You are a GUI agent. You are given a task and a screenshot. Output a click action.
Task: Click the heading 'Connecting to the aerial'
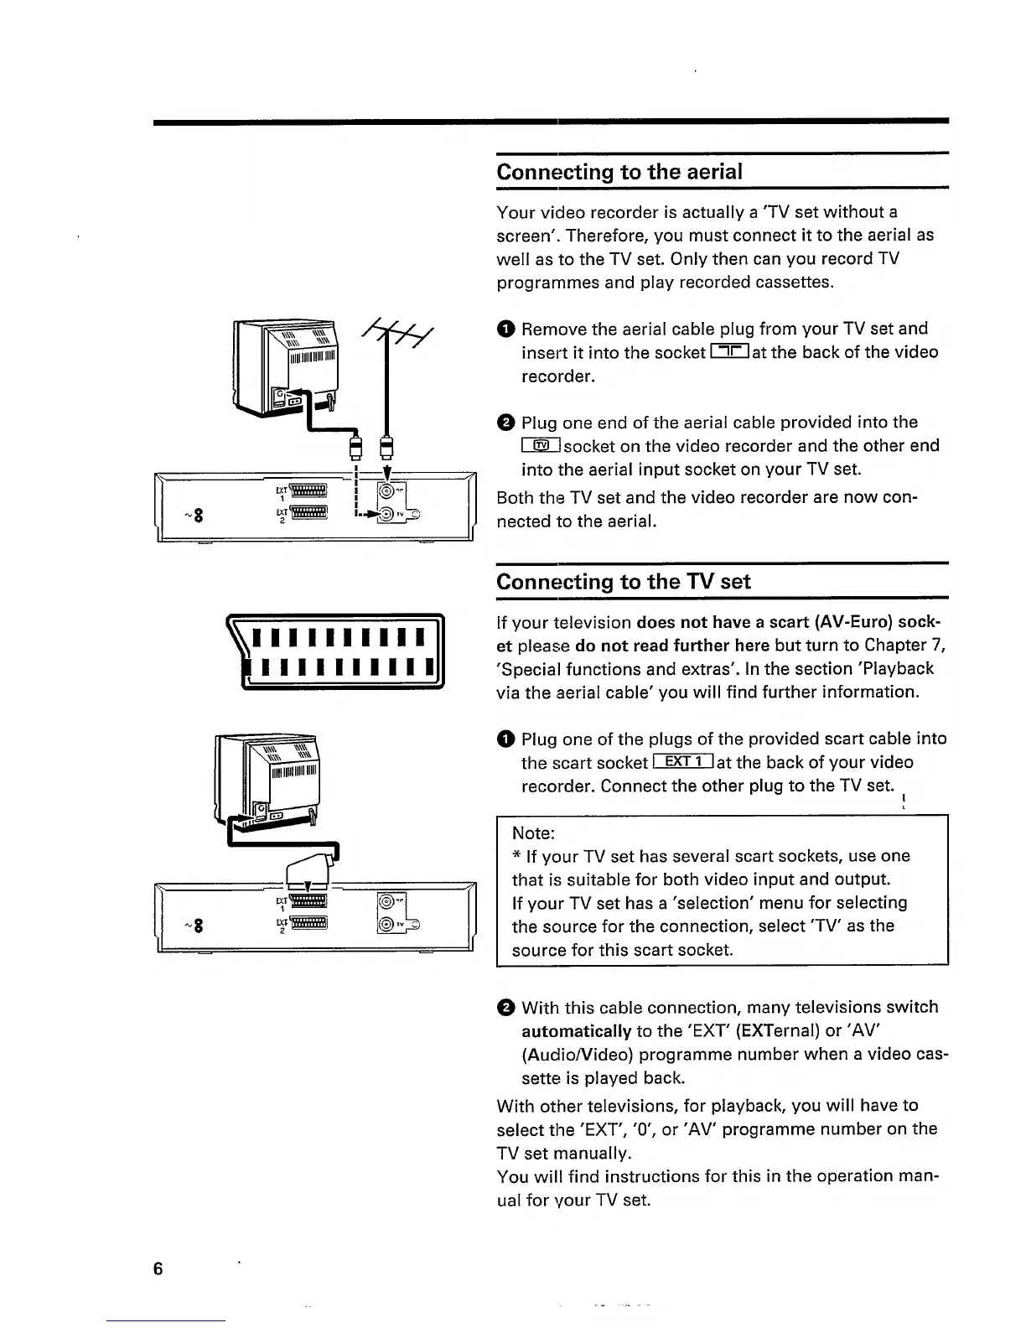click(619, 172)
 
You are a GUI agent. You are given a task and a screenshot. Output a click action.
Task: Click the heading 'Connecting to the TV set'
click(624, 582)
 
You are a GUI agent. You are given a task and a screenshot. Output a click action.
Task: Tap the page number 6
click(158, 1268)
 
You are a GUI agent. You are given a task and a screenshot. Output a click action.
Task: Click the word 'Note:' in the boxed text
click(533, 833)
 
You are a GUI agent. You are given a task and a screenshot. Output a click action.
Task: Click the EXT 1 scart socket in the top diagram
click(308, 491)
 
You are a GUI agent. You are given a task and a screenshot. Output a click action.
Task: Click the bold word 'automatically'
click(576, 1030)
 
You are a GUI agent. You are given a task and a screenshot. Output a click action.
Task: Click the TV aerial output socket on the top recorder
click(387, 515)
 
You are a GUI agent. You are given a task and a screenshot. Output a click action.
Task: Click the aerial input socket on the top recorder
click(387, 491)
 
